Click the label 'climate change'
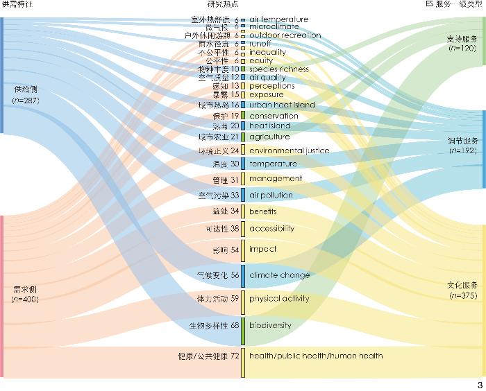coord(279,275)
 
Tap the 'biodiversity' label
coord(270,325)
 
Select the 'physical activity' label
coord(279,299)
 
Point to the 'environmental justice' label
coord(289,150)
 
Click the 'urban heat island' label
coord(282,105)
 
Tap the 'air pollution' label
coord(271,195)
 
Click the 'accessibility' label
coord(271,228)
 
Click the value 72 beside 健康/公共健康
coord(235,356)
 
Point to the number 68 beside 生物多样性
coord(235,325)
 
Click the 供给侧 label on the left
coord(26,89)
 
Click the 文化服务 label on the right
coord(462,286)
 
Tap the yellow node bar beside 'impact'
coord(243,250)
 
